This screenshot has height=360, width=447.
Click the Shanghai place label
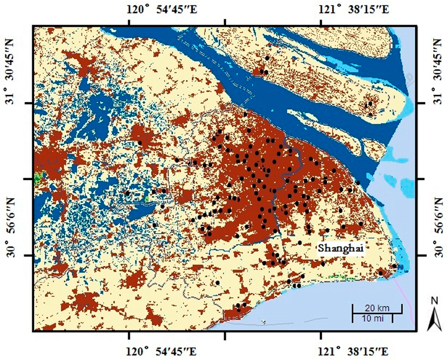tap(341, 248)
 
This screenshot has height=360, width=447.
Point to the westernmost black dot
tap(127, 193)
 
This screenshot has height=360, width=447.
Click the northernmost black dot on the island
tap(267, 58)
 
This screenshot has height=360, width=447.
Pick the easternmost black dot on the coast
tap(394, 266)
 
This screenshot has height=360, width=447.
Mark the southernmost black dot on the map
tap(238, 310)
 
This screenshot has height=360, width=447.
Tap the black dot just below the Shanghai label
tap(323, 263)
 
